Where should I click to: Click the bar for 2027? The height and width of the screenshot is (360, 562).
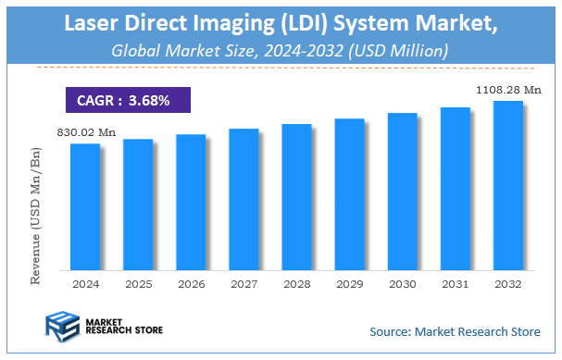tap(244, 198)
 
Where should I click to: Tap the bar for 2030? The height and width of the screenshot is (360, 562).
tap(403, 191)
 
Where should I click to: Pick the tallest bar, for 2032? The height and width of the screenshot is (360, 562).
tap(508, 184)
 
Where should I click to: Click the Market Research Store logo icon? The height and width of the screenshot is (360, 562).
tap(61, 327)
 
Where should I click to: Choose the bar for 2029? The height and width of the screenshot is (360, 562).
tap(350, 193)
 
